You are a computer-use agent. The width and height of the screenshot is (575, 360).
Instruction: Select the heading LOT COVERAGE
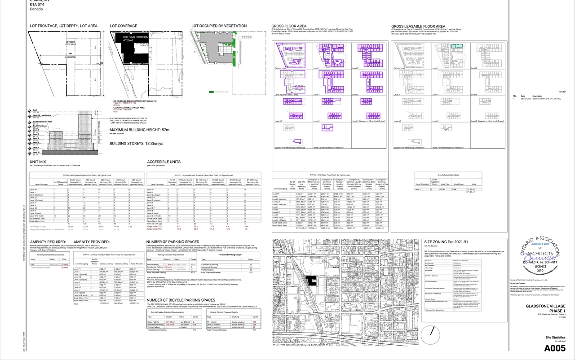tap(124, 26)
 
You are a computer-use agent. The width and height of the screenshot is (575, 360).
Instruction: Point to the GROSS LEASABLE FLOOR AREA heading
tap(418, 26)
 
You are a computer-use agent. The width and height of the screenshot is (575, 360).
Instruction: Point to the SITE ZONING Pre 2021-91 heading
tap(437, 241)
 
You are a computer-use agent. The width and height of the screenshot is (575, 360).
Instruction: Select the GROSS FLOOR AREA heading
tap(289, 26)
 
